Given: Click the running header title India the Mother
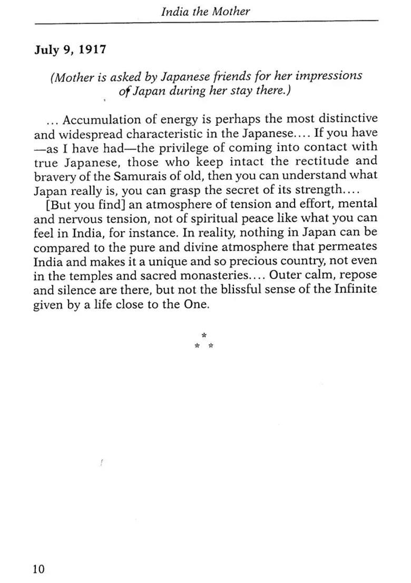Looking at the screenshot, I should point(205,11).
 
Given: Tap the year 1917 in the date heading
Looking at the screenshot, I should point(93,49).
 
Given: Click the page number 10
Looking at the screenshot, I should point(38,569).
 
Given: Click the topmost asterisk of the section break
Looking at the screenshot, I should point(203,335).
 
